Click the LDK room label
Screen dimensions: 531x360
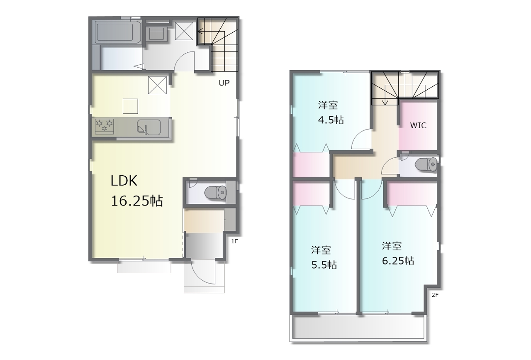(124, 181)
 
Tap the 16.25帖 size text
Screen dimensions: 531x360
(137, 201)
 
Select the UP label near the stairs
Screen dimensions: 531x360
(224, 83)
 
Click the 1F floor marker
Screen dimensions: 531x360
(234, 241)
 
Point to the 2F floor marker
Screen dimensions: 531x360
(435, 295)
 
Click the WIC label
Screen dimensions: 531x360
(418, 125)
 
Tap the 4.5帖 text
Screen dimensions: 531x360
(331, 120)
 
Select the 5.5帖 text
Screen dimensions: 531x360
(324, 264)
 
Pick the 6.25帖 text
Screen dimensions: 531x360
(398, 261)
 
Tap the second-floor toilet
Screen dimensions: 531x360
(426, 164)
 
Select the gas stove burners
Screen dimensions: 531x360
(104, 125)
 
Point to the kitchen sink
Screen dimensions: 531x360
(149, 127)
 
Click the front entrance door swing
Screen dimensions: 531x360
(203, 272)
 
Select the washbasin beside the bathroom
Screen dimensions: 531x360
(156, 34)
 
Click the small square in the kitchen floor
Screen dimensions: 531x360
(130, 106)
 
